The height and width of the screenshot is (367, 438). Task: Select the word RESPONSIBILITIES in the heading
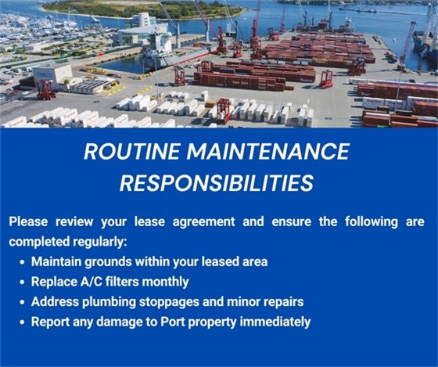point(217,183)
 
